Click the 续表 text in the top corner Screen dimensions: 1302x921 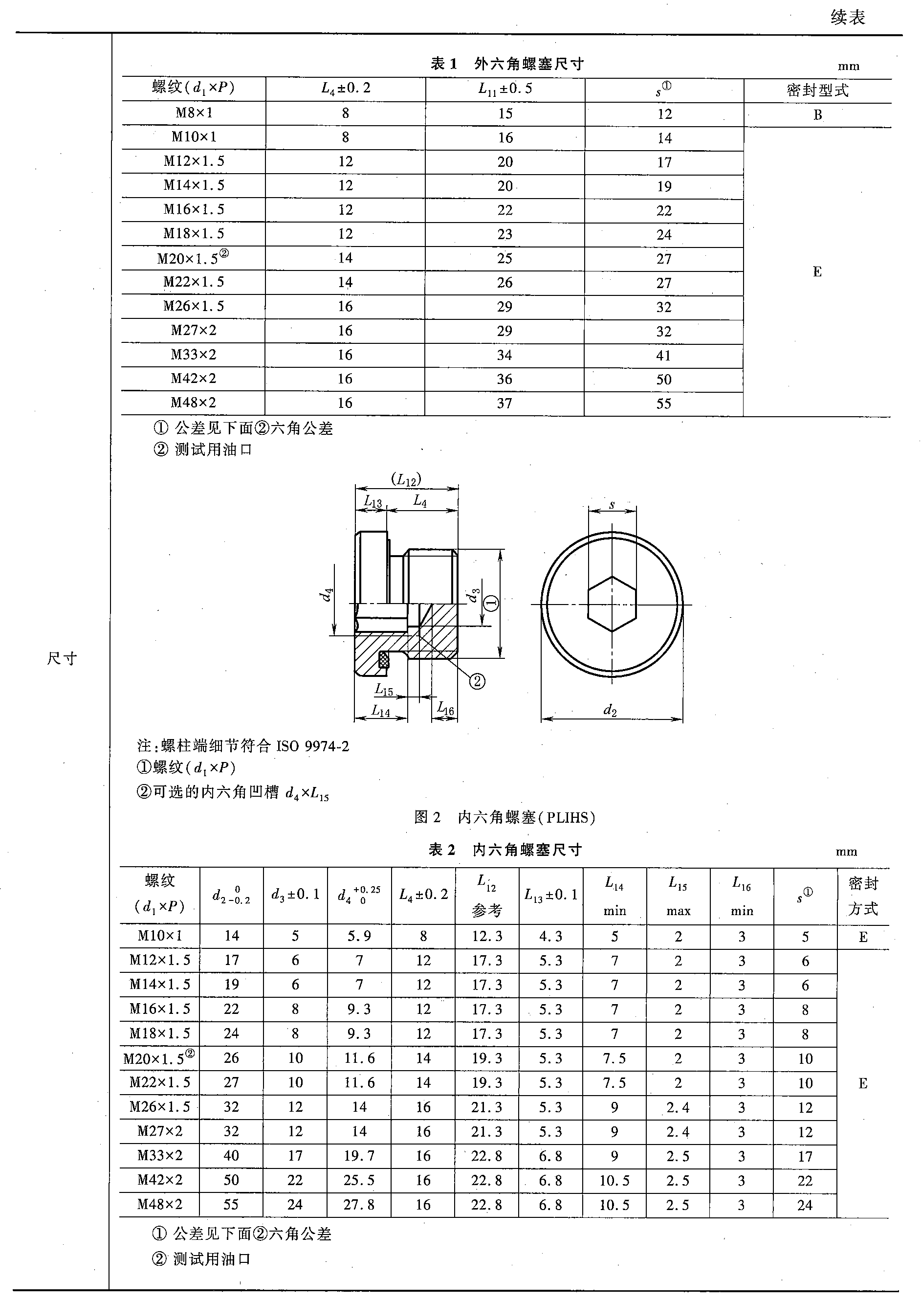pos(848,18)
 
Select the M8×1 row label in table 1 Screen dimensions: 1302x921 pos(194,112)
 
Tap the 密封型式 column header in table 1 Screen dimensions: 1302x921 pos(817,90)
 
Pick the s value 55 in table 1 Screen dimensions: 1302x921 pos(663,404)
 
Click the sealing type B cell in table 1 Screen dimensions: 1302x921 pos(817,115)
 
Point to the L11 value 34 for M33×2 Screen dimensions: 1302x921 pos(504,355)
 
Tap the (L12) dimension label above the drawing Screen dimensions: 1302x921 pos(406,479)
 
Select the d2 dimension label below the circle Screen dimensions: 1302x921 pos(610,710)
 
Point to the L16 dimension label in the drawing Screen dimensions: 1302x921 pos(446,708)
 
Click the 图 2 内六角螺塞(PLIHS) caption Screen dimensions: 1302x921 pos(504,817)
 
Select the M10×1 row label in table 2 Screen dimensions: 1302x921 pos(160,936)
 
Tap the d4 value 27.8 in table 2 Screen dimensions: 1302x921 pos(359,1204)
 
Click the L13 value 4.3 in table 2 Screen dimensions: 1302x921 pos(550,936)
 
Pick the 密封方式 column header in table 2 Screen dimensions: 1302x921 pos(863,896)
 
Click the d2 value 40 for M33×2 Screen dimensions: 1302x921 pos(231,1155)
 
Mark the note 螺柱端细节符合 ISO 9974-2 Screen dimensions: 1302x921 pos(243,745)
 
